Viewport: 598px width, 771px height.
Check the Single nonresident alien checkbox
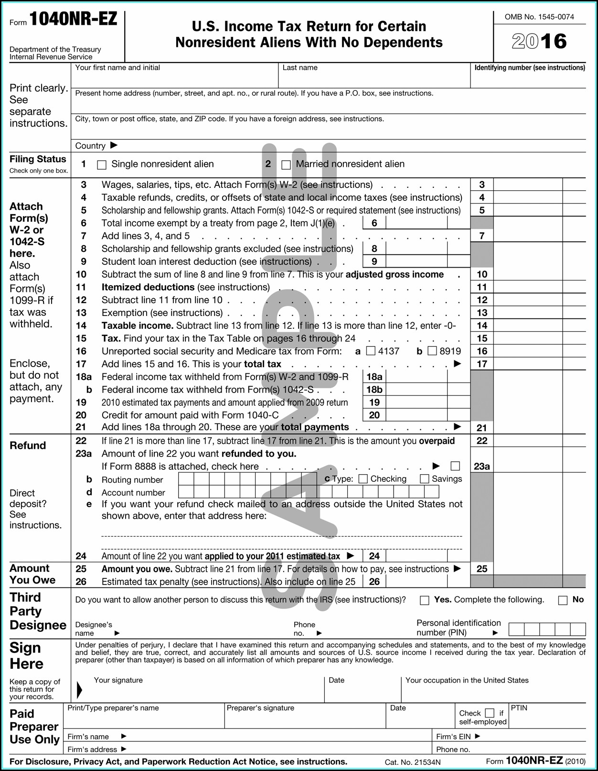pos(101,165)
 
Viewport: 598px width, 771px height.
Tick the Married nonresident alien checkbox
pos(286,165)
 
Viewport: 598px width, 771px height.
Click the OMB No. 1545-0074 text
pos(539,17)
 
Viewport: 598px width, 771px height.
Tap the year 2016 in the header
pos(539,42)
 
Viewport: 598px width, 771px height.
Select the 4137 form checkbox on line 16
pos(371,351)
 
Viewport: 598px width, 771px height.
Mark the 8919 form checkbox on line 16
pos(432,351)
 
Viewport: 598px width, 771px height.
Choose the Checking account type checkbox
pos(363,479)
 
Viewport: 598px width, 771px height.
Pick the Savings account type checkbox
pos(424,479)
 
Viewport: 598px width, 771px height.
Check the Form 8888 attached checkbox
pos(455,466)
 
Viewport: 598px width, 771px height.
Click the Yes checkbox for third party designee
pos(424,600)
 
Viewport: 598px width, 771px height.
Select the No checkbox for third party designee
pos(563,600)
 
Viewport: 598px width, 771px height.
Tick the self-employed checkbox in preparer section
pos(490,713)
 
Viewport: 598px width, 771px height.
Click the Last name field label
pos(300,68)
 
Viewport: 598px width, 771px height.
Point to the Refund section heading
pos(28,445)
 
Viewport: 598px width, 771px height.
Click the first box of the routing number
pos(186,478)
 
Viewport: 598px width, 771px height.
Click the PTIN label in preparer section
pos(519,708)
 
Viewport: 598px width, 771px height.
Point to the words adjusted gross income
pos(395,274)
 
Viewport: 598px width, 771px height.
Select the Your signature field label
pos(118,680)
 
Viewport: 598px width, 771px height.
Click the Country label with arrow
pos(96,146)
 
